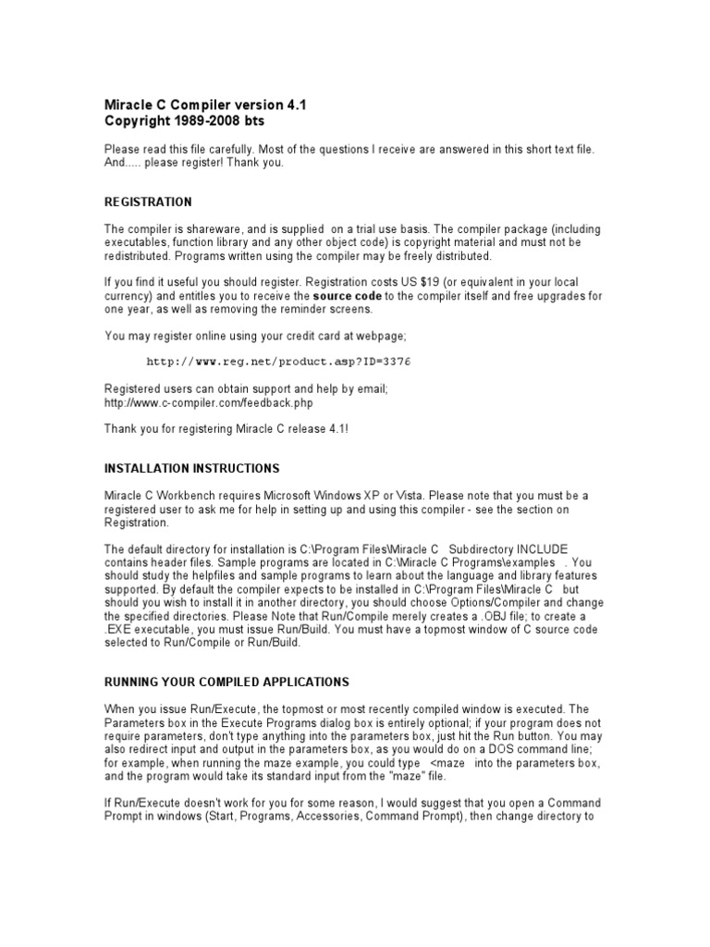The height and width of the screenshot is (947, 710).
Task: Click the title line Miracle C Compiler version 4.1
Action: [x=204, y=105]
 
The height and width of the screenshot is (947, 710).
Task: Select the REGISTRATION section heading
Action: [x=148, y=202]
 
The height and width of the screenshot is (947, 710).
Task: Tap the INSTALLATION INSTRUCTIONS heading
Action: [x=191, y=469]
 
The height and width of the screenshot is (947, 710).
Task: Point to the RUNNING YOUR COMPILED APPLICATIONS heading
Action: [x=226, y=683]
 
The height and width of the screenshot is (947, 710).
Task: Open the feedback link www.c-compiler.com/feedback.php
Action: [x=209, y=403]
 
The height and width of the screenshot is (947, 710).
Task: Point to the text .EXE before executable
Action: [x=118, y=630]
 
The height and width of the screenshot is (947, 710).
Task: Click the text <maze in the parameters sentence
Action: [x=450, y=763]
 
